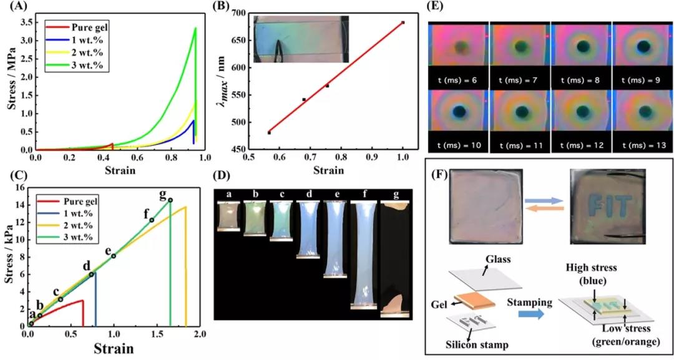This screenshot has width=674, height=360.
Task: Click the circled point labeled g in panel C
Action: (x=170, y=200)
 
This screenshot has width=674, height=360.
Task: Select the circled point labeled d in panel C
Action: (x=92, y=274)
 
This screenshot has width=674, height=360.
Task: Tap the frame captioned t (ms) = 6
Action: (x=458, y=52)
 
